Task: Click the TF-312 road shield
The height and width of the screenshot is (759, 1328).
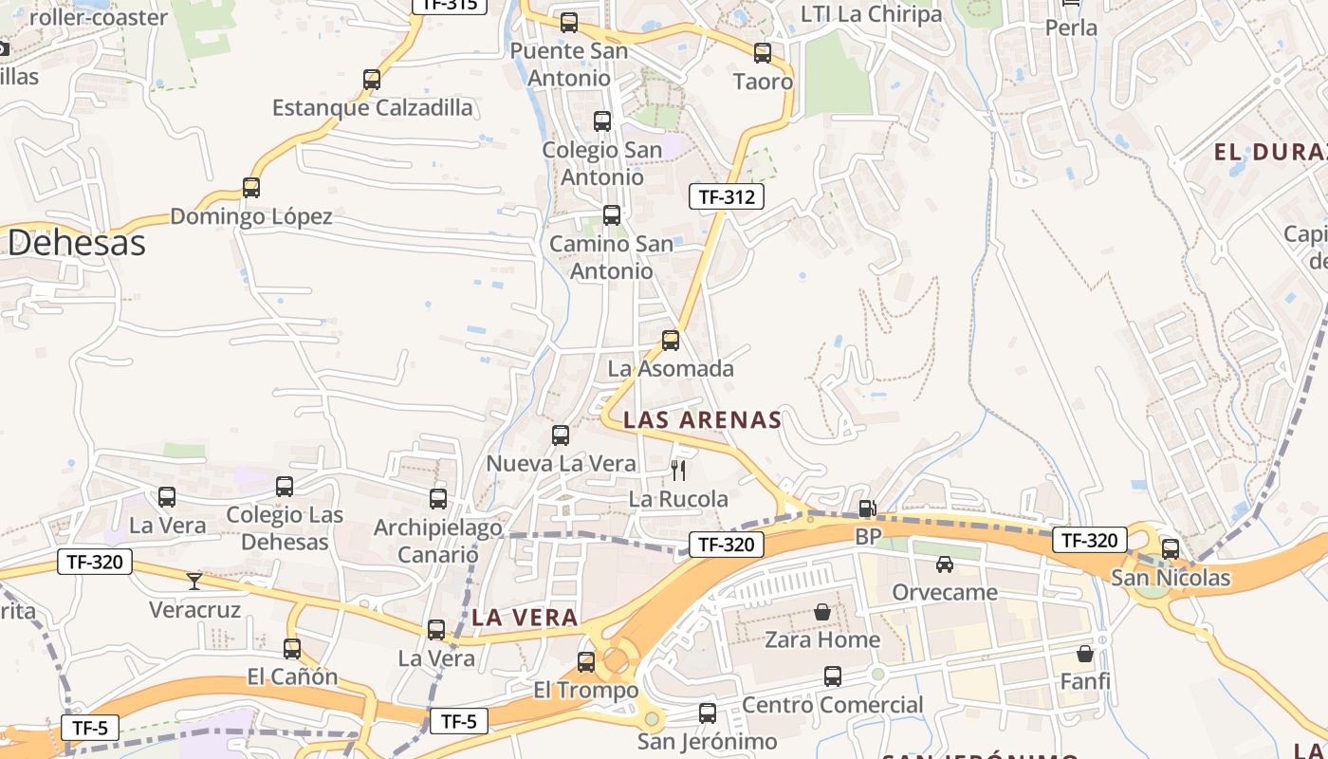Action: coord(726,196)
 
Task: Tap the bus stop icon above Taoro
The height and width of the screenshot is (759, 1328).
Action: coord(763,53)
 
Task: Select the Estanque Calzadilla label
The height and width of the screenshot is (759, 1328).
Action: coord(372,107)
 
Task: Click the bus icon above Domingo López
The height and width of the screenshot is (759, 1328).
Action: coord(251,188)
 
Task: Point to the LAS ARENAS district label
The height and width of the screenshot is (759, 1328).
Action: coord(702,419)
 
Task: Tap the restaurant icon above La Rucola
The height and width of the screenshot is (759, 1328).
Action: coord(677,469)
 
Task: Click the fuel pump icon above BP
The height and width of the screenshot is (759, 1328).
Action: coord(867,509)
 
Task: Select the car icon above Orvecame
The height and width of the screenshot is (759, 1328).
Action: coord(945,565)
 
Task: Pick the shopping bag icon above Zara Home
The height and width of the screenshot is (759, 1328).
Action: coord(822,612)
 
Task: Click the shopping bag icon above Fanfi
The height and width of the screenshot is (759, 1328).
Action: coord(1085,654)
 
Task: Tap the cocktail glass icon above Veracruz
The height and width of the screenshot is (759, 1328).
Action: coord(194,581)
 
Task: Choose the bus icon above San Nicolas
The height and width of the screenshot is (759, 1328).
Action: coord(1171,549)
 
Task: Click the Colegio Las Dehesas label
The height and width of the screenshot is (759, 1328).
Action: coord(285,528)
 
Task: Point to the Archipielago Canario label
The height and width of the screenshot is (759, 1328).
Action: coord(437,541)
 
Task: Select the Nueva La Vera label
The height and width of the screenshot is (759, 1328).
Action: coord(561,463)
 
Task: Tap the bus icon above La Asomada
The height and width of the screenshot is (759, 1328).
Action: coord(671,340)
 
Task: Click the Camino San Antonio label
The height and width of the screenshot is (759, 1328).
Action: coord(612,257)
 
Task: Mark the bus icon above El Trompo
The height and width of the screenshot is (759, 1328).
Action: coord(586,662)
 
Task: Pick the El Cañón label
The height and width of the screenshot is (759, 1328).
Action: coord(292,676)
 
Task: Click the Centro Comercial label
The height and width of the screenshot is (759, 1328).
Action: coord(832,705)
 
